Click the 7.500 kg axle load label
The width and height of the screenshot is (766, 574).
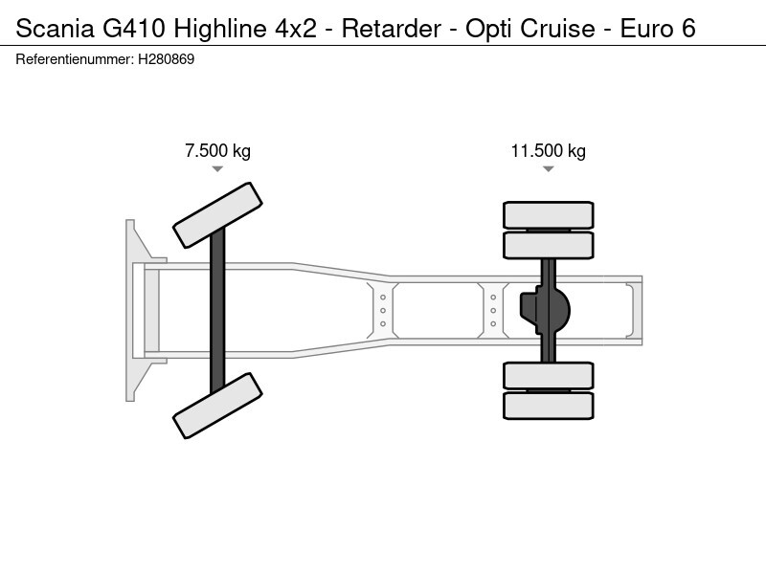point(217,151)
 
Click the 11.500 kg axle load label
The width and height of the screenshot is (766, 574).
point(548,151)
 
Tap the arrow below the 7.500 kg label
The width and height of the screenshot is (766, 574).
point(217,169)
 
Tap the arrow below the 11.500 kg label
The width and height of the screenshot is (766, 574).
point(548,169)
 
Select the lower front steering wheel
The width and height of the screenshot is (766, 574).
point(218,405)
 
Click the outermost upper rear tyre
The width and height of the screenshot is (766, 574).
point(549,214)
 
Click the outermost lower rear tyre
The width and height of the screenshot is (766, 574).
point(549,405)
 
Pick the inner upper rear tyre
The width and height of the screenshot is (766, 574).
point(549,245)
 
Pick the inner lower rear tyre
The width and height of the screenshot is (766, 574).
point(549,374)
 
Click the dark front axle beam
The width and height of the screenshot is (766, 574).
point(217,310)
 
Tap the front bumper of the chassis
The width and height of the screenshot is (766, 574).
point(133,310)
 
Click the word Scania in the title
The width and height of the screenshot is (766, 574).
point(54,28)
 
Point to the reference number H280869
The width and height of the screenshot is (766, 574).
point(167,59)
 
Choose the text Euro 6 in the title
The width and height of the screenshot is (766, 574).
point(658,28)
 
